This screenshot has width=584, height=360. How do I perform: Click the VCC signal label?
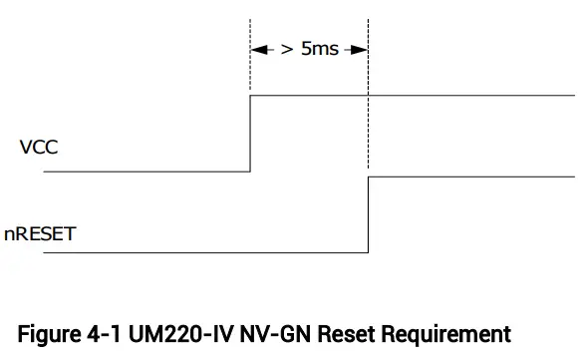39,148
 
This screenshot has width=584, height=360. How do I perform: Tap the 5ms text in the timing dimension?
320,48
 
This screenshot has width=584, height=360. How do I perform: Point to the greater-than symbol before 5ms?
287,48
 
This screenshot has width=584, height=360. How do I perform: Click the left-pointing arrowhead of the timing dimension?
258,48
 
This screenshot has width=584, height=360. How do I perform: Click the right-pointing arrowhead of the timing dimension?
361,48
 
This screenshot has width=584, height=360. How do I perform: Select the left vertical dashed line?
250,60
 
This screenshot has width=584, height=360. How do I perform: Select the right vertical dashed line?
369,60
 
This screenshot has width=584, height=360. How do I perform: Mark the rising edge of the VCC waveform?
250,134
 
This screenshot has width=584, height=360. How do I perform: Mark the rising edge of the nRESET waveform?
369,215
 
